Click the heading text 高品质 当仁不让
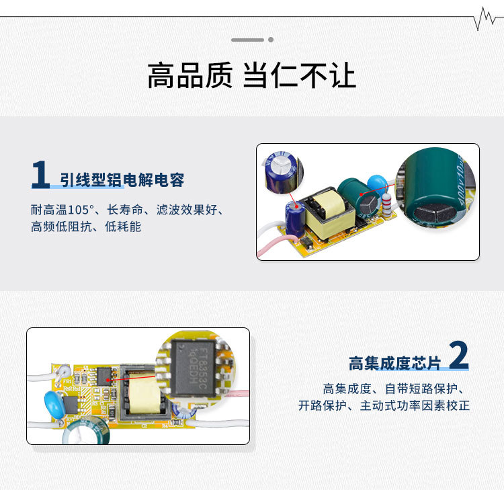(251, 76)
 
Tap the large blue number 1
(40, 175)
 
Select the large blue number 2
(458, 356)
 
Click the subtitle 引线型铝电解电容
(122, 180)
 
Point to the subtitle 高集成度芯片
(394, 364)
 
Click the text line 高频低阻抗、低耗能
(86, 227)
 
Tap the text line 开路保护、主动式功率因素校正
(384, 406)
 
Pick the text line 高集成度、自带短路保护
(396, 389)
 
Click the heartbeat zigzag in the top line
(485, 18)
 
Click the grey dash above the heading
(248, 40)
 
